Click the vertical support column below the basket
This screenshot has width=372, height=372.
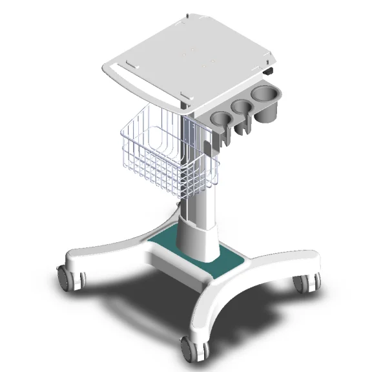[198, 207]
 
